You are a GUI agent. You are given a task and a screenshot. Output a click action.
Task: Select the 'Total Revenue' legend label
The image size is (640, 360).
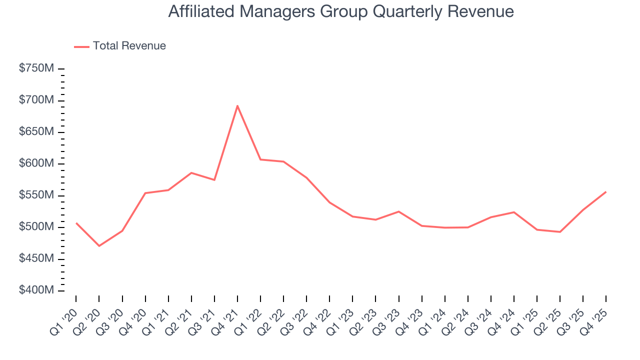tap(129, 46)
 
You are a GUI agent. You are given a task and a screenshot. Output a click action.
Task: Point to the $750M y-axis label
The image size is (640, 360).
tap(36, 69)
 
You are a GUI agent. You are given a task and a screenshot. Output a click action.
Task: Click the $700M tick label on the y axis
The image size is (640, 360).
tap(36, 100)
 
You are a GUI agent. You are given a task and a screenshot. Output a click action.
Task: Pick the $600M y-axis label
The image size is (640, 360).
tap(36, 164)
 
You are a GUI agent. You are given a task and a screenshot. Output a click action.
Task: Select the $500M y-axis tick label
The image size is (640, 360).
tap(36, 227)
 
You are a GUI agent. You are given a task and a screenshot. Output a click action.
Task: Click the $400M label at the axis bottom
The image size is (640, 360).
tap(36, 290)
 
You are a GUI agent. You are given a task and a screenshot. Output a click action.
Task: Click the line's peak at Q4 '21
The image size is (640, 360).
tap(237, 105)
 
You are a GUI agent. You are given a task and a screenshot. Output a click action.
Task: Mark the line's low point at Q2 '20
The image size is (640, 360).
tap(99, 246)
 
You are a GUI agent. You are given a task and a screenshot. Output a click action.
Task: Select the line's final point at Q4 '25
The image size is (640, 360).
tap(606, 192)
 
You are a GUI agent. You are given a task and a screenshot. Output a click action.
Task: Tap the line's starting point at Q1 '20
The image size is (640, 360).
tap(76, 223)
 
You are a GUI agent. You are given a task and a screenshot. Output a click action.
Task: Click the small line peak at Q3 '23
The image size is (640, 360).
tap(398, 211)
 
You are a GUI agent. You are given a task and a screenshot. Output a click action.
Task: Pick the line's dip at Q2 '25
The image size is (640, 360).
tap(560, 232)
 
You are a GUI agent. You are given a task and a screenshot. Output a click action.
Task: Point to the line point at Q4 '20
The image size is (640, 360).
tap(145, 193)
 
